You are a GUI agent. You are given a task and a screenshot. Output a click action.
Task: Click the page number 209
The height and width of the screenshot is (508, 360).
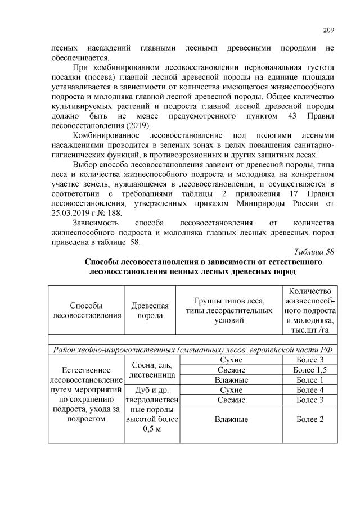coord(327,30)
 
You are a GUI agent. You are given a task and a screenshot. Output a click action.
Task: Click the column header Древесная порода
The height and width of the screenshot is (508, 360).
coord(150,310)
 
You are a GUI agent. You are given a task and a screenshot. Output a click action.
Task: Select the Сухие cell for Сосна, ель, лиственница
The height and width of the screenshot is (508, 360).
coord(231,359)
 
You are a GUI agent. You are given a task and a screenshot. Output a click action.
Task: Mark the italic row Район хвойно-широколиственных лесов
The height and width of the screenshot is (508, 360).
coord(191,350)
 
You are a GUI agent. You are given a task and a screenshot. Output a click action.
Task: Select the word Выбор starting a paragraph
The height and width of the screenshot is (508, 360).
coord(85,164)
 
